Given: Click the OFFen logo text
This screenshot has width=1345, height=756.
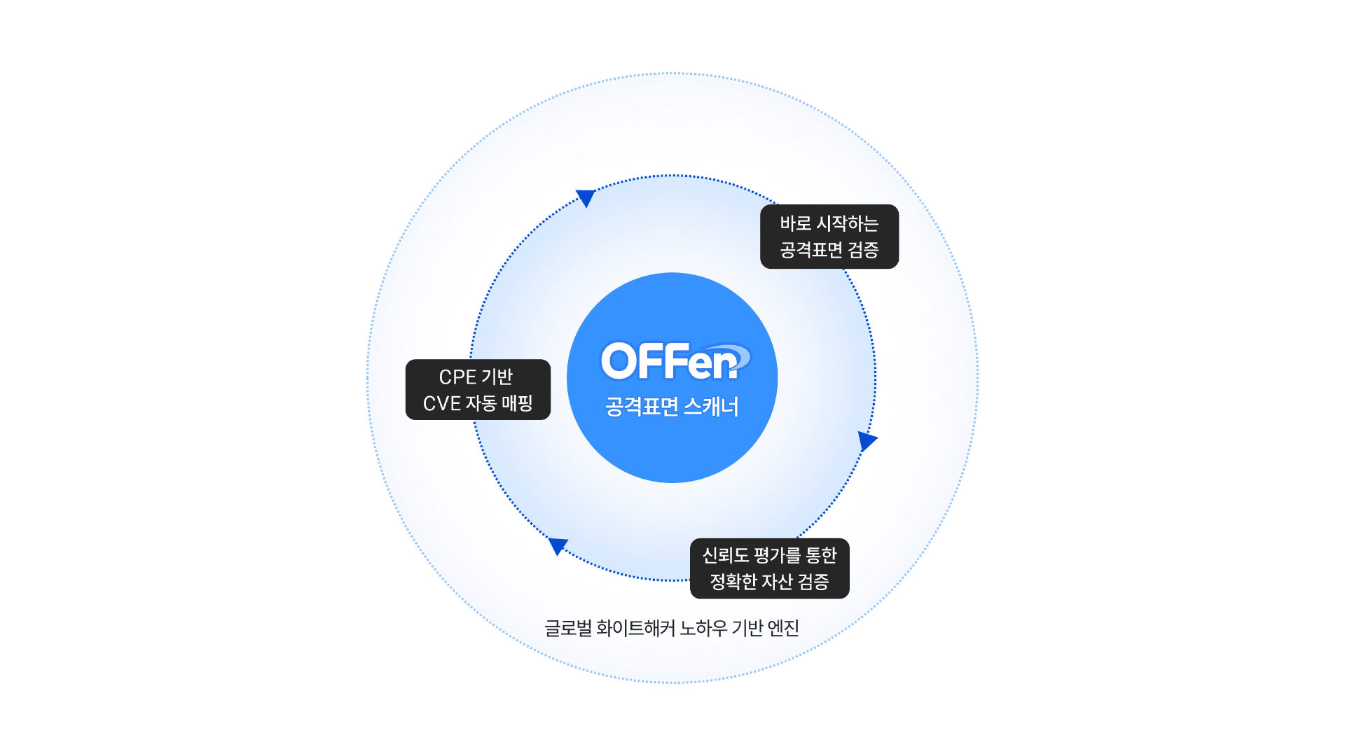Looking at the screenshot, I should click(x=669, y=361).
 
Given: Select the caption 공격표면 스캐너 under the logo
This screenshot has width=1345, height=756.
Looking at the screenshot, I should click(x=672, y=407).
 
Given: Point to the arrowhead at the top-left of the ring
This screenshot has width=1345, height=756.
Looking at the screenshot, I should click(x=586, y=197).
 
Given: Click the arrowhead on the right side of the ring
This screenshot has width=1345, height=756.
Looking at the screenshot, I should click(x=867, y=441).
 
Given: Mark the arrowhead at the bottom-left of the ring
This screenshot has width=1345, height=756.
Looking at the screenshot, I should click(x=558, y=545).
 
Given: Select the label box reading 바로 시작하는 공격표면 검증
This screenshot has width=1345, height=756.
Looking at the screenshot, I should click(x=829, y=237).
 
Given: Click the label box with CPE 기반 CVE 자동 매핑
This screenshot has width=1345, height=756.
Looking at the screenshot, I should click(x=478, y=390).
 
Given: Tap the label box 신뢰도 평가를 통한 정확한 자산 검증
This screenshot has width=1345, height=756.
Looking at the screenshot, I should click(x=769, y=568).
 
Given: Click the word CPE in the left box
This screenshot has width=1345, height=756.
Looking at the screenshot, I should click(x=457, y=377).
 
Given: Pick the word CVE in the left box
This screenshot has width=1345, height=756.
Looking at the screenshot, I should click(x=442, y=404).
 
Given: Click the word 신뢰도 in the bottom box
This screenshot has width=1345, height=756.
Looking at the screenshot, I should click(x=726, y=556).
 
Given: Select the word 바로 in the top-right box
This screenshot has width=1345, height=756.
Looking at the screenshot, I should click(x=796, y=224).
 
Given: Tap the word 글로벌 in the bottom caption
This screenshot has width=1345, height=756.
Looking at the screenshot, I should click(x=568, y=629).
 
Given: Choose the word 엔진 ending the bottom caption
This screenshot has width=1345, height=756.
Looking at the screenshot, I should click(x=783, y=629).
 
